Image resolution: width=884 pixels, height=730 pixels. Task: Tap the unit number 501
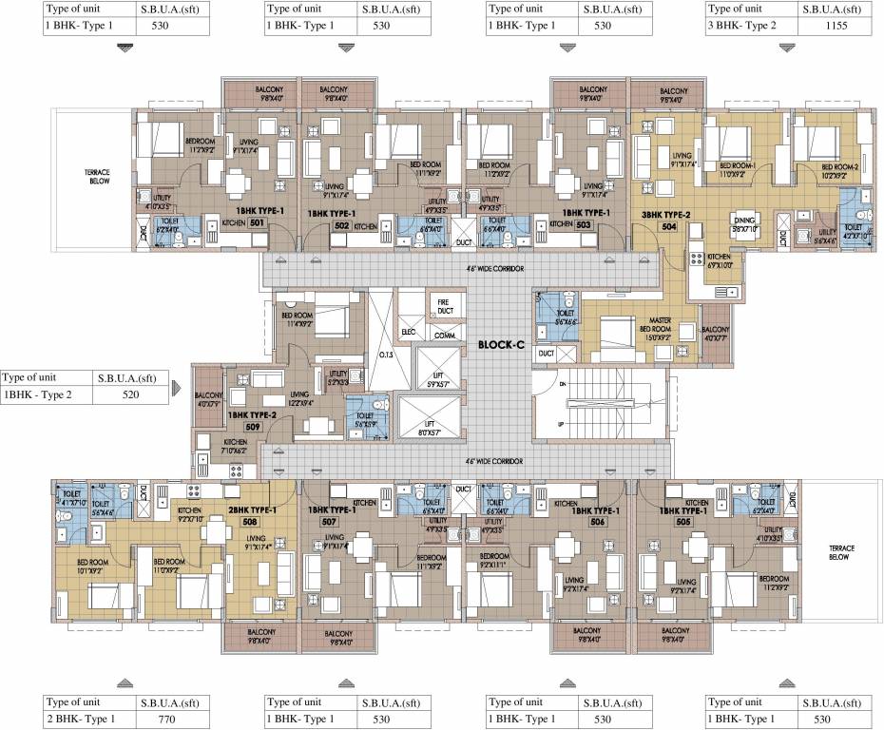257,223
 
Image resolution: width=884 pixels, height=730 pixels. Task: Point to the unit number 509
252,428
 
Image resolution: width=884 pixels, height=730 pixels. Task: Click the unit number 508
250,521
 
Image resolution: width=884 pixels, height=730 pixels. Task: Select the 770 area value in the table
168,720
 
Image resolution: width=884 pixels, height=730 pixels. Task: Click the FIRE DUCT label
443,306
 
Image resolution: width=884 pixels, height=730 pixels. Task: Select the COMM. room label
443,335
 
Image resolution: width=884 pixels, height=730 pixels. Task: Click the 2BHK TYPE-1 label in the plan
253,509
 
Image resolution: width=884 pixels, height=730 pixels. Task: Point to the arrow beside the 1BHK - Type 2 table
177,387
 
